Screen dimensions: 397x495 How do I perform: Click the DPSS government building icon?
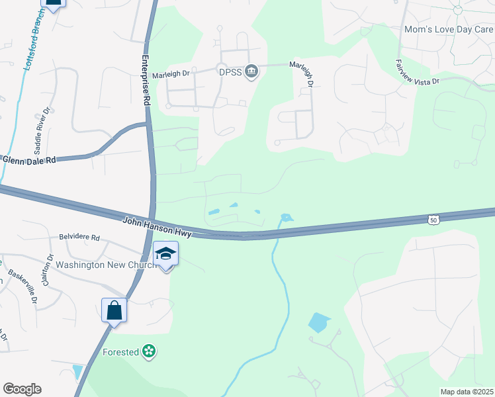(x=251, y=72)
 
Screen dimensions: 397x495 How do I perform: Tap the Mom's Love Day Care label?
(x=449, y=30)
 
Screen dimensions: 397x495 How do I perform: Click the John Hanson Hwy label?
(x=157, y=227)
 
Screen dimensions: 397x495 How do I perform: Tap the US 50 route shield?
(x=433, y=219)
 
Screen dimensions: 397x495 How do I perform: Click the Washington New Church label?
(x=106, y=265)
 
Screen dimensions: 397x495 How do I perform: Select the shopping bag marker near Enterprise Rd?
(x=114, y=310)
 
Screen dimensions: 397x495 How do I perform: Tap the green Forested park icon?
(x=150, y=351)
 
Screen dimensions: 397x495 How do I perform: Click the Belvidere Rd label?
(x=79, y=237)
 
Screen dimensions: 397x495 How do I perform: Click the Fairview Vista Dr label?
(x=417, y=73)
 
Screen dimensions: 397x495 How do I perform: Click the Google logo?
(x=22, y=389)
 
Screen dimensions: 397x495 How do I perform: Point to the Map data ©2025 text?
(x=467, y=392)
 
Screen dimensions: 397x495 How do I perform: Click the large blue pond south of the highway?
(x=319, y=322)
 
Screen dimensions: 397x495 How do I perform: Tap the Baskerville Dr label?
(x=22, y=287)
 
